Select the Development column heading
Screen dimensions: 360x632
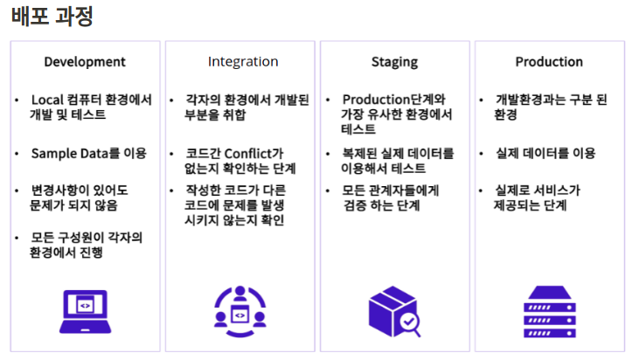[x=85, y=62]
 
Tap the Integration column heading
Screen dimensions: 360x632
[x=243, y=62]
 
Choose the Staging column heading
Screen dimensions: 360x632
[x=394, y=62]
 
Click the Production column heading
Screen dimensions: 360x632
[x=549, y=62]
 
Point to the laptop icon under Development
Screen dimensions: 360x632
[x=85, y=311]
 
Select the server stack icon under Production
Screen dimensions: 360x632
[x=549, y=311]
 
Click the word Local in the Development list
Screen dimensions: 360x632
[x=47, y=100]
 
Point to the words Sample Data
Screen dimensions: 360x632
[x=68, y=153]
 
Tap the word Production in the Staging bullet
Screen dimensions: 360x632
[x=379, y=100]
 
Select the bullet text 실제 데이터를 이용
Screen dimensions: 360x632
[x=545, y=153]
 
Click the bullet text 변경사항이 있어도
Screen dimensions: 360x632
[x=78, y=190]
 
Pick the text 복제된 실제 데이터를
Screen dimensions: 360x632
[x=398, y=153]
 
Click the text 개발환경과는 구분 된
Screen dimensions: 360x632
[x=552, y=100]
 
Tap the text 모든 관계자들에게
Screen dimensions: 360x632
[x=392, y=190]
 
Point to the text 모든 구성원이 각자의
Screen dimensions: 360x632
[x=87, y=237]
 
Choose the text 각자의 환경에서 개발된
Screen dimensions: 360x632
[x=248, y=100]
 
